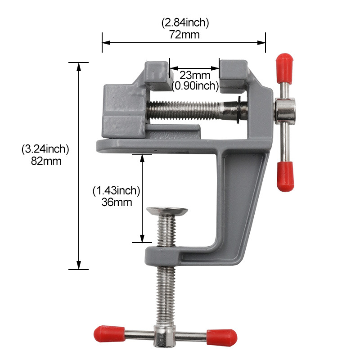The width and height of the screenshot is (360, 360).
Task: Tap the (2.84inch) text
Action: (x=184, y=22)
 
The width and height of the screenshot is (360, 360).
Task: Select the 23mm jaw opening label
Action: (x=194, y=75)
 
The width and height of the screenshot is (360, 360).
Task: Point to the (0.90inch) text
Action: (x=194, y=85)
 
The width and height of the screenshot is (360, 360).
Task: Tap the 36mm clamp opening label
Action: (x=117, y=202)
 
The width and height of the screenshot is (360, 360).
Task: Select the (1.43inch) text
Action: (x=117, y=191)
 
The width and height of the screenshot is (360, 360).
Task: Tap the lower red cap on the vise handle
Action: (x=285, y=177)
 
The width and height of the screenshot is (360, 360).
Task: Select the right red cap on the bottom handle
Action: (x=221, y=335)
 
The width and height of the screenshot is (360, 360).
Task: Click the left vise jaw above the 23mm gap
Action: (x=157, y=74)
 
